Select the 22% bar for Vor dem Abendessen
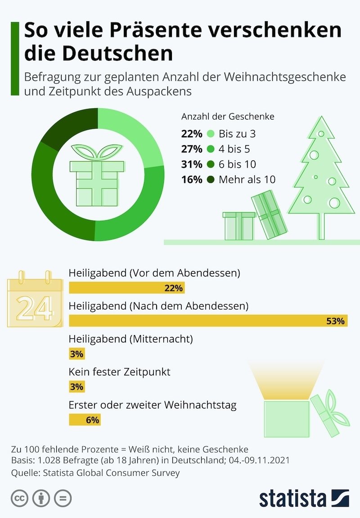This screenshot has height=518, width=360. coord(126,288)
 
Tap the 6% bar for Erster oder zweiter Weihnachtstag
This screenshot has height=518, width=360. coord(84,420)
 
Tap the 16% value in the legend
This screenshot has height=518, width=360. coord(191,180)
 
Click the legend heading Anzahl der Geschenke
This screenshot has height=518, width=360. coord(228,116)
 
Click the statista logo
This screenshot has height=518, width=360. coord(304,499)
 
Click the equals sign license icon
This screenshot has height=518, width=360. coord(63,499)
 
